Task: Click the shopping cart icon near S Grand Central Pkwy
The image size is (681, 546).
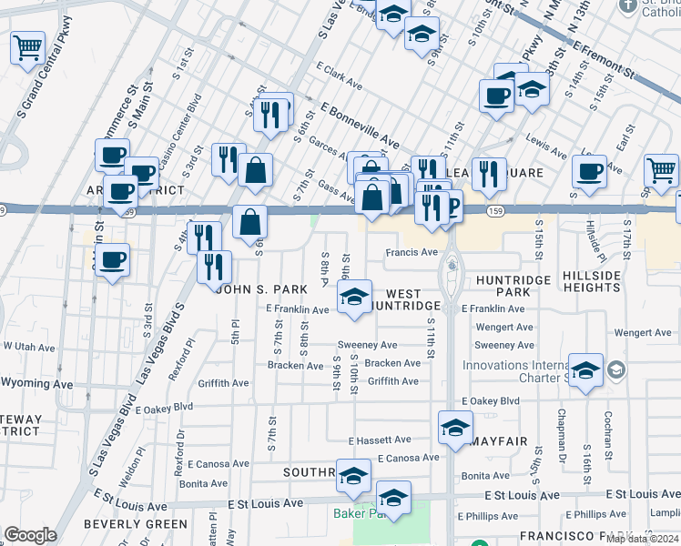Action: point(28,46)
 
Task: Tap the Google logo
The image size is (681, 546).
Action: point(30,535)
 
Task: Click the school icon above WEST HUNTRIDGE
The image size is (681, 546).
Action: point(354,297)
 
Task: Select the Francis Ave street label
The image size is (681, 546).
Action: point(412,252)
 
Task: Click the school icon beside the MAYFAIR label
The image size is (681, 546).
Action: point(455,427)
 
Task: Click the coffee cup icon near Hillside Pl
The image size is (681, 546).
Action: point(589,171)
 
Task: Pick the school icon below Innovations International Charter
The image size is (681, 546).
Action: point(586,370)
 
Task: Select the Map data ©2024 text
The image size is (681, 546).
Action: point(642,539)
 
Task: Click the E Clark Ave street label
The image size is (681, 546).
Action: point(340,77)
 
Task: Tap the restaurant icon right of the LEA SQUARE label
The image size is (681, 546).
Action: point(489,175)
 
